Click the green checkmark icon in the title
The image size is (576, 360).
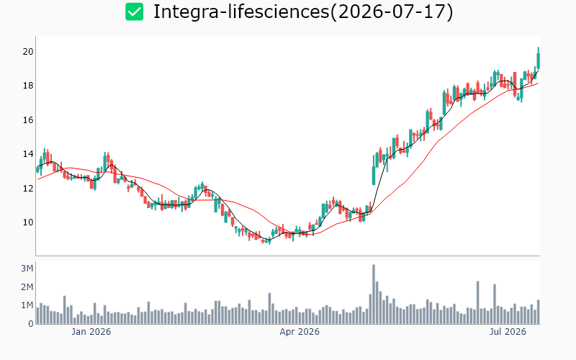point(134,12)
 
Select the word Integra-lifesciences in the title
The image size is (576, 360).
point(241,12)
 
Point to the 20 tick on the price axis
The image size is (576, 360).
point(28,52)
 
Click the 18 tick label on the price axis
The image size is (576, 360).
point(28,86)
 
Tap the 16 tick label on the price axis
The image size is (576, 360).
point(28,120)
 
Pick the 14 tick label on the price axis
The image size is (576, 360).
point(28,154)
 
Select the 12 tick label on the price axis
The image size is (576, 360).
point(28,189)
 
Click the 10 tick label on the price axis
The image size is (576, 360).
point(28,222)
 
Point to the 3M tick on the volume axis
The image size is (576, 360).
point(27,269)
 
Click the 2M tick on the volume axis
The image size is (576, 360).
point(27,287)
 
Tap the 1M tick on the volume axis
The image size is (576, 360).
point(27,305)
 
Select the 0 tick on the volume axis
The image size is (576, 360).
point(31,324)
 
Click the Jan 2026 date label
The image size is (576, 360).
point(91,332)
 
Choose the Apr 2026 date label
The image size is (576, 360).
point(300,332)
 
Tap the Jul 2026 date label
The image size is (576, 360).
point(508,332)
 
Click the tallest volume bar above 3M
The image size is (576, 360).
point(374,294)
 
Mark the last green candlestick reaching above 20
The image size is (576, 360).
point(539,59)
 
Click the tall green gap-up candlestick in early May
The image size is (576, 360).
point(374,176)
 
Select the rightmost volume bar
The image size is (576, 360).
point(539,312)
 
